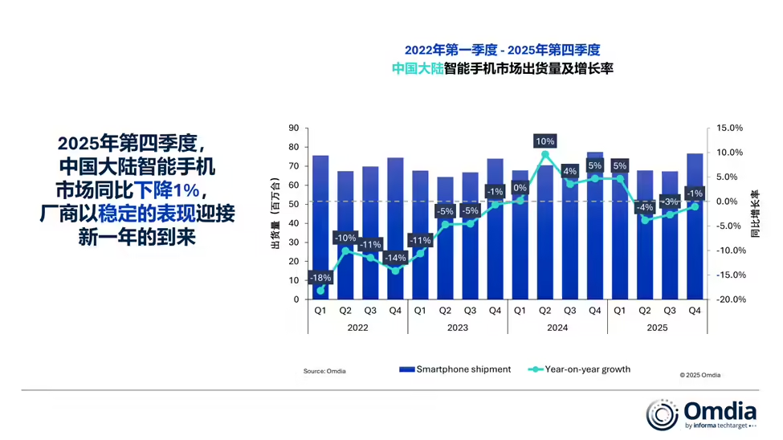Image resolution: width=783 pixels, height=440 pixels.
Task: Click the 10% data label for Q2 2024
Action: point(545,141)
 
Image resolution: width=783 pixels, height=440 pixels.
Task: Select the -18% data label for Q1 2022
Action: point(320,278)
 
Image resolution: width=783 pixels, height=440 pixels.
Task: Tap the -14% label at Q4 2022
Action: point(394,258)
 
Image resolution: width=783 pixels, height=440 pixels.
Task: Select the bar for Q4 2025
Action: point(695,233)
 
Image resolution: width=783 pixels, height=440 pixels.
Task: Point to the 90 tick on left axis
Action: point(293,128)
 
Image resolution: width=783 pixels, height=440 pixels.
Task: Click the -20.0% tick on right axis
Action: point(731,299)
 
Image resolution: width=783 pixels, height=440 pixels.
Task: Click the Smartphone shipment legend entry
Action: point(455,369)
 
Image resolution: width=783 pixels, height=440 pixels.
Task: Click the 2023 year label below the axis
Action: point(457,328)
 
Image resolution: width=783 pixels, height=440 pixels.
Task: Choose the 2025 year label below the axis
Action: point(657,328)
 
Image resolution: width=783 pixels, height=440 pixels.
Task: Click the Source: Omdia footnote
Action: point(324,371)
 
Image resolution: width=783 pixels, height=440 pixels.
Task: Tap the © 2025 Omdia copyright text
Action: point(699,375)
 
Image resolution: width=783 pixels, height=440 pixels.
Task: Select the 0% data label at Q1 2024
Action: point(520,189)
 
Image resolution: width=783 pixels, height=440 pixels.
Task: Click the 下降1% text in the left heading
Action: point(166,191)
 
